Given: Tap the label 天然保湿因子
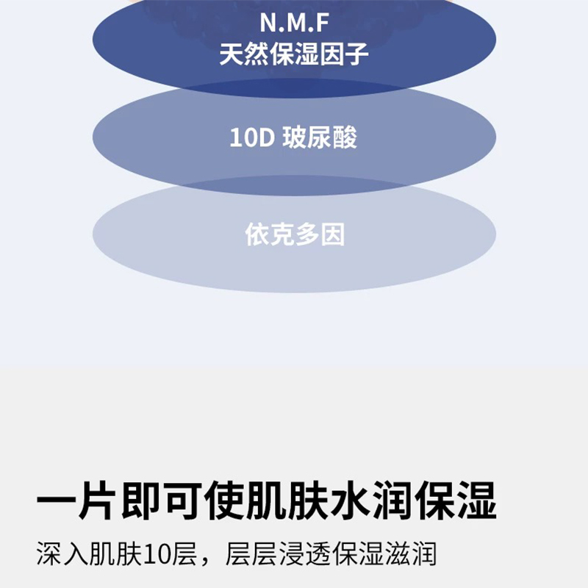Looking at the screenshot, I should coord(293,54).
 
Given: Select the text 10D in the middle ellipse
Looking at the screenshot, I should coord(251,137).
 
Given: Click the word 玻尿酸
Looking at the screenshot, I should coord(320,137).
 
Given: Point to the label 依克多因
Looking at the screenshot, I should coord(294,234).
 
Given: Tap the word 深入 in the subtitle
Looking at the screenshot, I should coord(62,553).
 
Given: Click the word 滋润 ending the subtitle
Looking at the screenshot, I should coord(412,553).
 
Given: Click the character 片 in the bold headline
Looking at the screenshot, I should coord(98,501).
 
